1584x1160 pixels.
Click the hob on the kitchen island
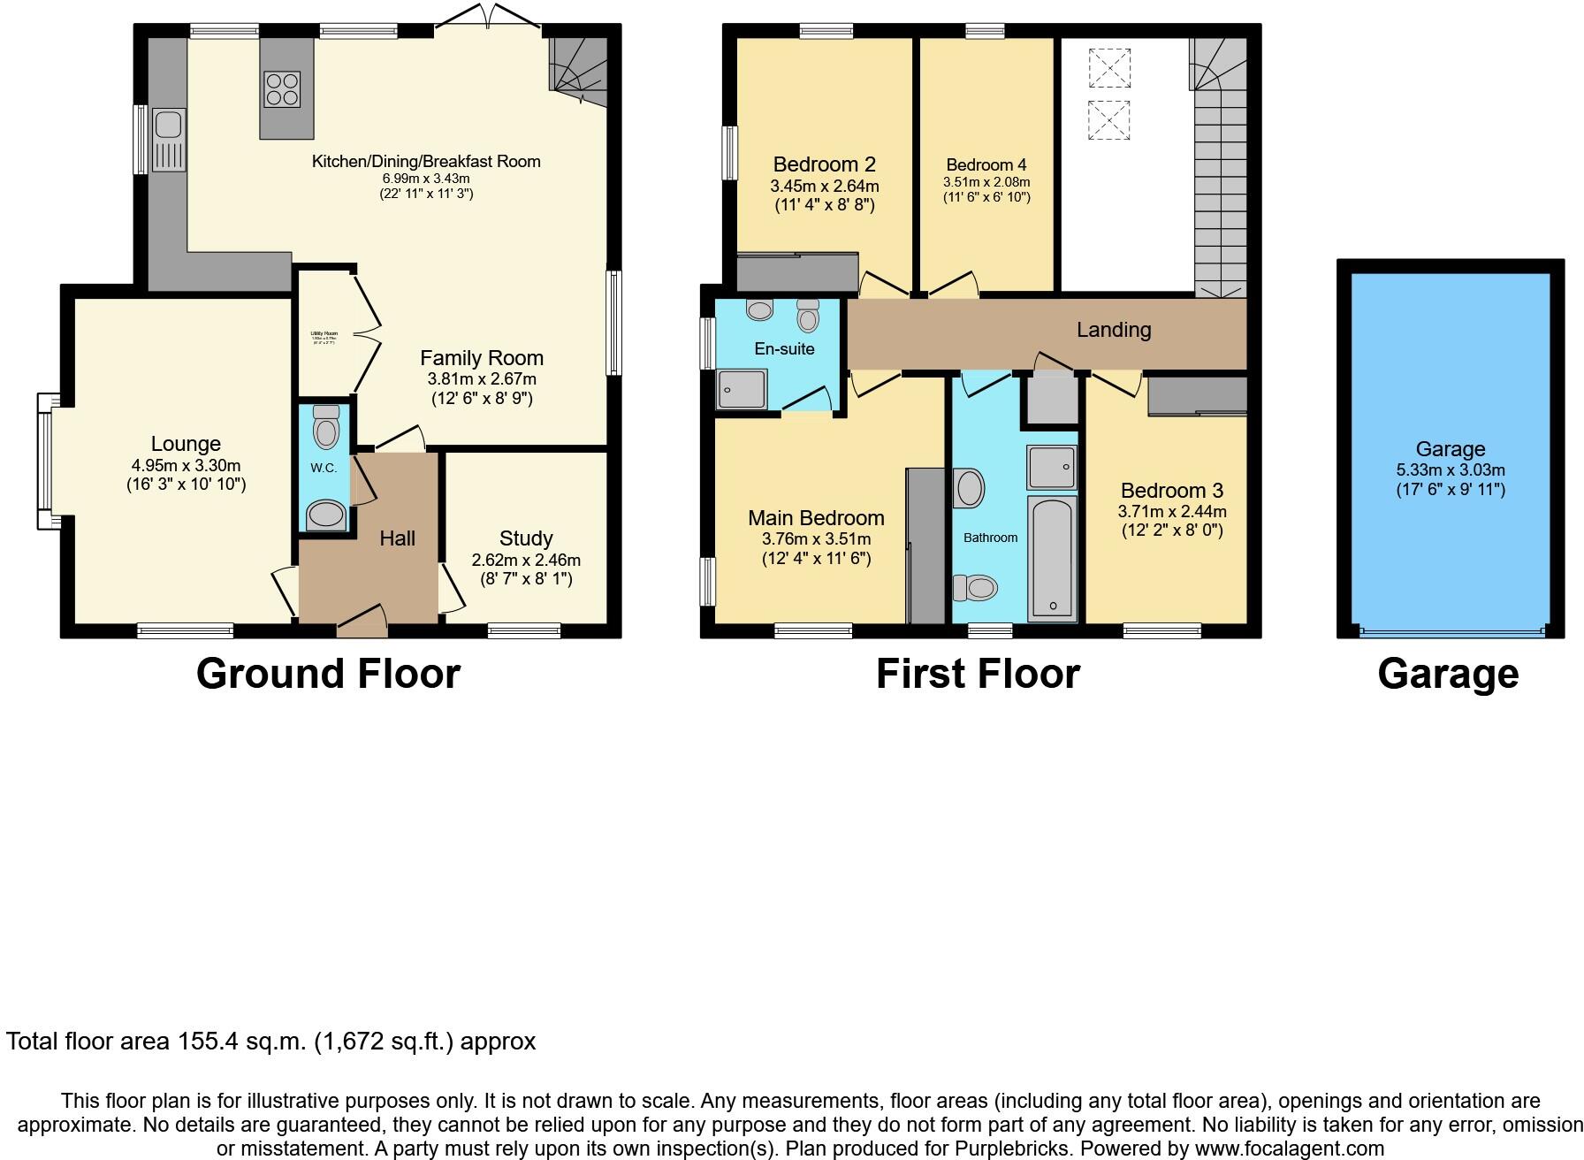[282, 88]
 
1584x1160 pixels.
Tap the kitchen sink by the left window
[168, 139]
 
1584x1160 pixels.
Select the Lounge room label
[186, 444]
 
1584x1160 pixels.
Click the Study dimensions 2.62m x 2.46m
[526, 560]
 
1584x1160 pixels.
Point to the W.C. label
[324, 468]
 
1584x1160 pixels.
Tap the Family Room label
[482, 358]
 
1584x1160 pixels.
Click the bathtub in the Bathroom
[1053, 558]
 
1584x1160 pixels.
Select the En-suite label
[784, 348]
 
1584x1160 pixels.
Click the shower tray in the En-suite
[742, 389]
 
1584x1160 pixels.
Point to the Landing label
[1114, 330]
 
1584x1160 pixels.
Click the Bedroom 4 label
[986, 164]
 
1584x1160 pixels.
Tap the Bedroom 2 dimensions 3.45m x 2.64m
[825, 186]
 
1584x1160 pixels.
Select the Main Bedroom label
[816, 518]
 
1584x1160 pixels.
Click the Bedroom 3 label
[1172, 491]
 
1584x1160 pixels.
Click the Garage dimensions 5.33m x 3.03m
[1451, 469]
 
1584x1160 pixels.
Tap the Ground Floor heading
[328, 674]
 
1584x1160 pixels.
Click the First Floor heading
[978, 674]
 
